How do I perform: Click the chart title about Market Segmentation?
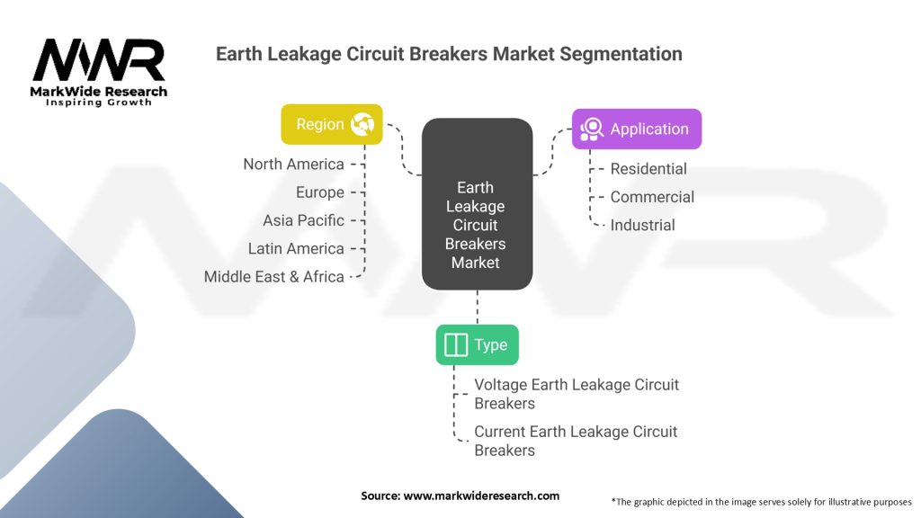pyautogui.click(x=449, y=54)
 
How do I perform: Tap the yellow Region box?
pyautogui.click(x=332, y=124)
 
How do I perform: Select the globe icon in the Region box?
pyautogui.click(x=362, y=124)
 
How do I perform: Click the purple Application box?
pyautogui.click(x=636, y=129)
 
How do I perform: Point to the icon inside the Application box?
pyautogui.click(x=591, y=129)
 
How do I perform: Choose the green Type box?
pyautogui.click(x=477, y=345)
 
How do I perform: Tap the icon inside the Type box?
pyautogui.click(x=456, y=345)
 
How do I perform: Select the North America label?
pyautogui.click(x=293, y=164)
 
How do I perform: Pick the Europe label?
pyautogui.click(x=319, y=192)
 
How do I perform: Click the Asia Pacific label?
pyautogui.click(x=303, y=220)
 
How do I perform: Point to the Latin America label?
pyautogui.click(x=296, y=248)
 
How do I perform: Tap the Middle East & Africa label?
pyautogui.click(x=273, y=277)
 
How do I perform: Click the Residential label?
pyautogui.click(x=648, y=169)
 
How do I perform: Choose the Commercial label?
pyautogui.click(x=652, y=197)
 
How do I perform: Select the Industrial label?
pyautogui.click(x=642, y=225)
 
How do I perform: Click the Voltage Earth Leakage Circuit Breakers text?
pyautogui.click(x=577, y=394)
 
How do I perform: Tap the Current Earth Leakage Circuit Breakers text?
pyautogui.click(x=576, y=441)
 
